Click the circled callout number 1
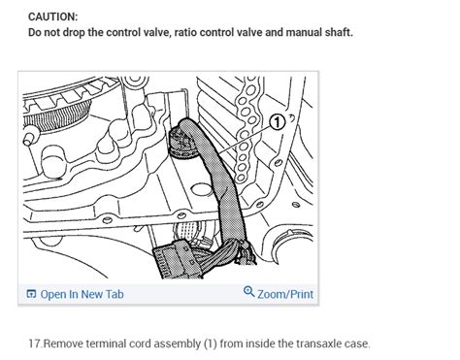tap(276, 123)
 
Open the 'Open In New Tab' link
tap(82, 294)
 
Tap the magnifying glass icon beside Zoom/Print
tap(248, 293)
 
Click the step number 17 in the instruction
tap(34, 344)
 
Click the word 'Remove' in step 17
tap(64, 344)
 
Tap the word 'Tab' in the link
tap(113, 294)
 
